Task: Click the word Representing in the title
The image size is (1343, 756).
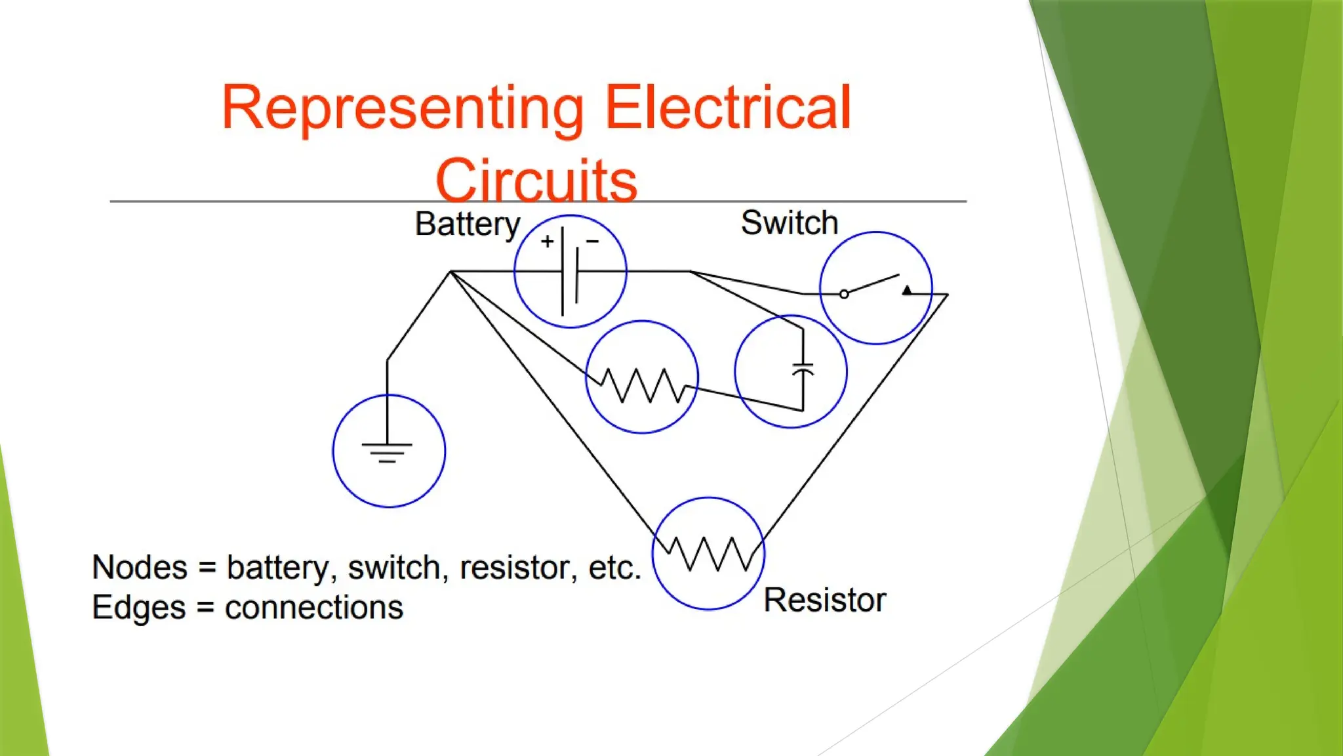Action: tap(403, 108)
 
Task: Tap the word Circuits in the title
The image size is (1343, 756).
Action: tap(536, 180)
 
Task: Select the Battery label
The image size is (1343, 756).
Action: tap(468, 224)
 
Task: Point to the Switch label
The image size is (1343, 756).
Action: tap(790, 223)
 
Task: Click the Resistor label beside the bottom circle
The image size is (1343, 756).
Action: tap(825, 600)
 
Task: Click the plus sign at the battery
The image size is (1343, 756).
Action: tap(548, 241)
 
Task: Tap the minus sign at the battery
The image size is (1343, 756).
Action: tap(592, 241)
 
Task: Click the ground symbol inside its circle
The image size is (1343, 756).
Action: tap(387, 452)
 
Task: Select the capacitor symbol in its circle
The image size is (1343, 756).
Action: tap(803, 369)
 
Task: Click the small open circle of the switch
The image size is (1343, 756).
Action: tap(844, 294)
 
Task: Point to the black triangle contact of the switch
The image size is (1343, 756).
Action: tap(907, 289)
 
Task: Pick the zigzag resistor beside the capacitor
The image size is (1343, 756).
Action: tap(643, 385)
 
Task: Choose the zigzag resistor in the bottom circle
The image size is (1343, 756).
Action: tap(708, 554)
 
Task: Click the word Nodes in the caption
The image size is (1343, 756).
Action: tap(140, 568)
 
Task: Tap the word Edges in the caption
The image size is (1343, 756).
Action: tap(138, 608)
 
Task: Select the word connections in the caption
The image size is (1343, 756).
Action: tap(313, 608)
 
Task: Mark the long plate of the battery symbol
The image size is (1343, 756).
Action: tap(563, 271)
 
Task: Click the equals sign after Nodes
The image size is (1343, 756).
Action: tap(207, 568)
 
